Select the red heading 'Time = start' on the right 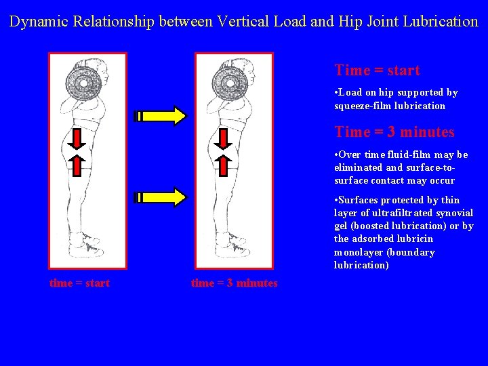click(377, 70)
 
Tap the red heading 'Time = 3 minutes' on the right click(394, 132)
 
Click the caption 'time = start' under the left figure click(79, 283)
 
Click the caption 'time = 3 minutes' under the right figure click(234, 283)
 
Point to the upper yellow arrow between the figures click(161, 116)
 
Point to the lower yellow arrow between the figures click(161, 197)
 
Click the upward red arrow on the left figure click(77, 165)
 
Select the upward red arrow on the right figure click(224, 165)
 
